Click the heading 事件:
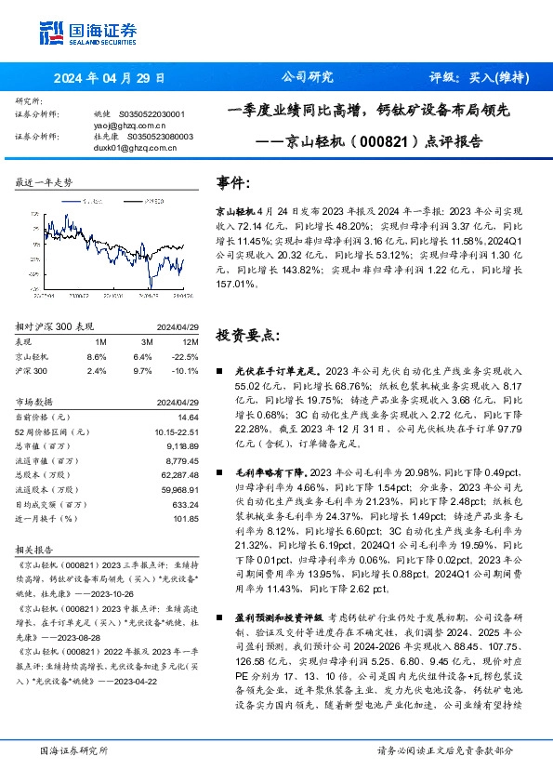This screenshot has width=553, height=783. click(233, 183)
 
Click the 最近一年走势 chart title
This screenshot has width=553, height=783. click(45, 182)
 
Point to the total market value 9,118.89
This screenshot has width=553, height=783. click(179, 446)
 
